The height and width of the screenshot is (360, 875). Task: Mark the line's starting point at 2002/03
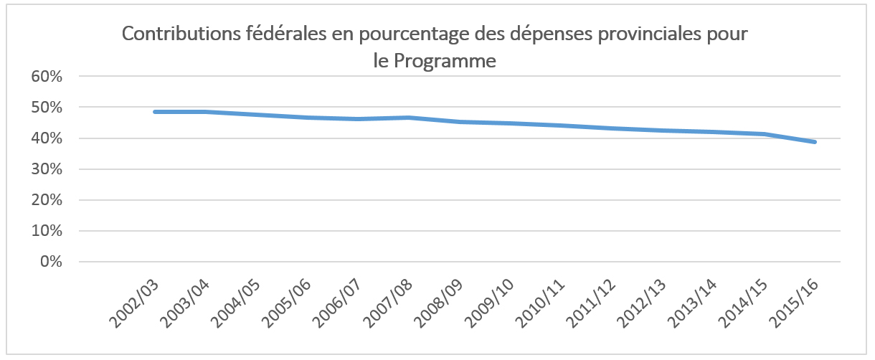[155, 112]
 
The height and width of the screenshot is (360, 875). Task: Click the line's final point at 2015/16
[815, 142]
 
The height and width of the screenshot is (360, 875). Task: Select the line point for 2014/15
[765, 134]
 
